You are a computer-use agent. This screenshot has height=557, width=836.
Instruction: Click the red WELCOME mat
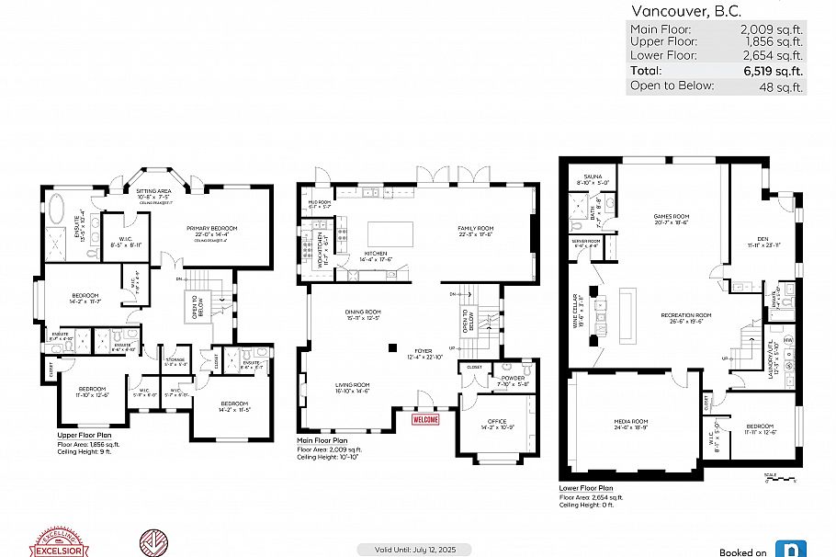(425, 419)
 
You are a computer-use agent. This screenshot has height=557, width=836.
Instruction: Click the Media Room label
(631, 422)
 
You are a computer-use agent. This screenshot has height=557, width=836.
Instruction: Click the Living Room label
(351, 386)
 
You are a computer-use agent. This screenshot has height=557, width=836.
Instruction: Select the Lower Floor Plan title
(586, 489)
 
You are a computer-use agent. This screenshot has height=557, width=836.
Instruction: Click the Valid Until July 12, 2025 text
(413, 550)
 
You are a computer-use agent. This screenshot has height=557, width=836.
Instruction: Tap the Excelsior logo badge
(60, 542)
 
